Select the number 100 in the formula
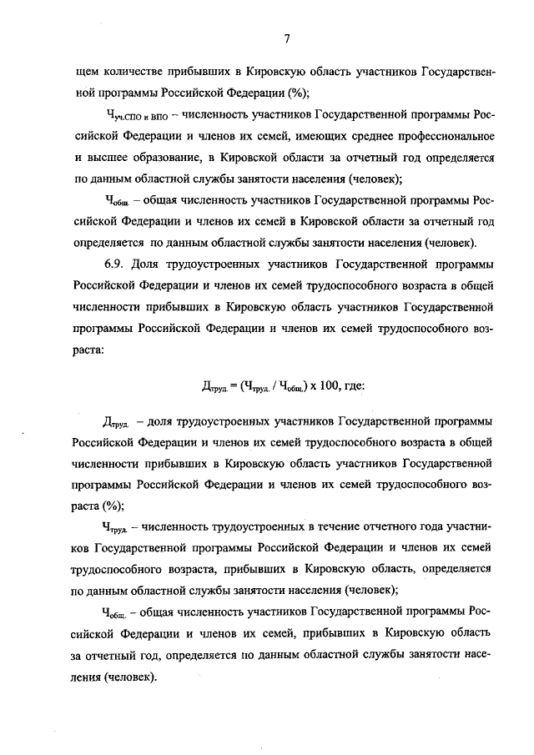click(x=320, y=385)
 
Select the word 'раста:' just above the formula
click(x=88, y=351)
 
